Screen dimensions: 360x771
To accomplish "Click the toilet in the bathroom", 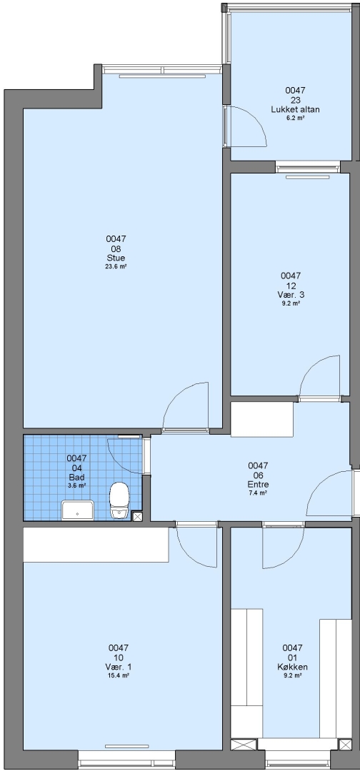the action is (119, 500).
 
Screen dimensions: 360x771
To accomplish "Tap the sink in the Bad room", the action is (78, 510).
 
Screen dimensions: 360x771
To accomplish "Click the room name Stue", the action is (116, 258).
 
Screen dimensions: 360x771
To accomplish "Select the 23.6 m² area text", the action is (116, 266).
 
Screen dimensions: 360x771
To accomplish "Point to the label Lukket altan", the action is (295, 110).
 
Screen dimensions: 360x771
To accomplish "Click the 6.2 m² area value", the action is (295, 118).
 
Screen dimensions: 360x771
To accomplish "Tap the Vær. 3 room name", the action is (291, 295).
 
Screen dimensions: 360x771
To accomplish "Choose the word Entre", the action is (258, 484).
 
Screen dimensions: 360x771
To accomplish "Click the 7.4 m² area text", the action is (258, 493).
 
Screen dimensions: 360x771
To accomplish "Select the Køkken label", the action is (292, 667).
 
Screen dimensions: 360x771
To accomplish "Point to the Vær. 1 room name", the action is (118, 667).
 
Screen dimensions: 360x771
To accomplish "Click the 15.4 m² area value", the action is (118, 675).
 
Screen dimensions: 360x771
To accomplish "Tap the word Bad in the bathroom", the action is (76, 477).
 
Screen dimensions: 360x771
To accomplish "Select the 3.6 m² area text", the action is (76, 485).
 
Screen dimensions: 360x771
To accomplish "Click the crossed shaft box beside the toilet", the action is (138, 516).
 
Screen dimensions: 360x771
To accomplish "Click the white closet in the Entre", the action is (262, 420).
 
